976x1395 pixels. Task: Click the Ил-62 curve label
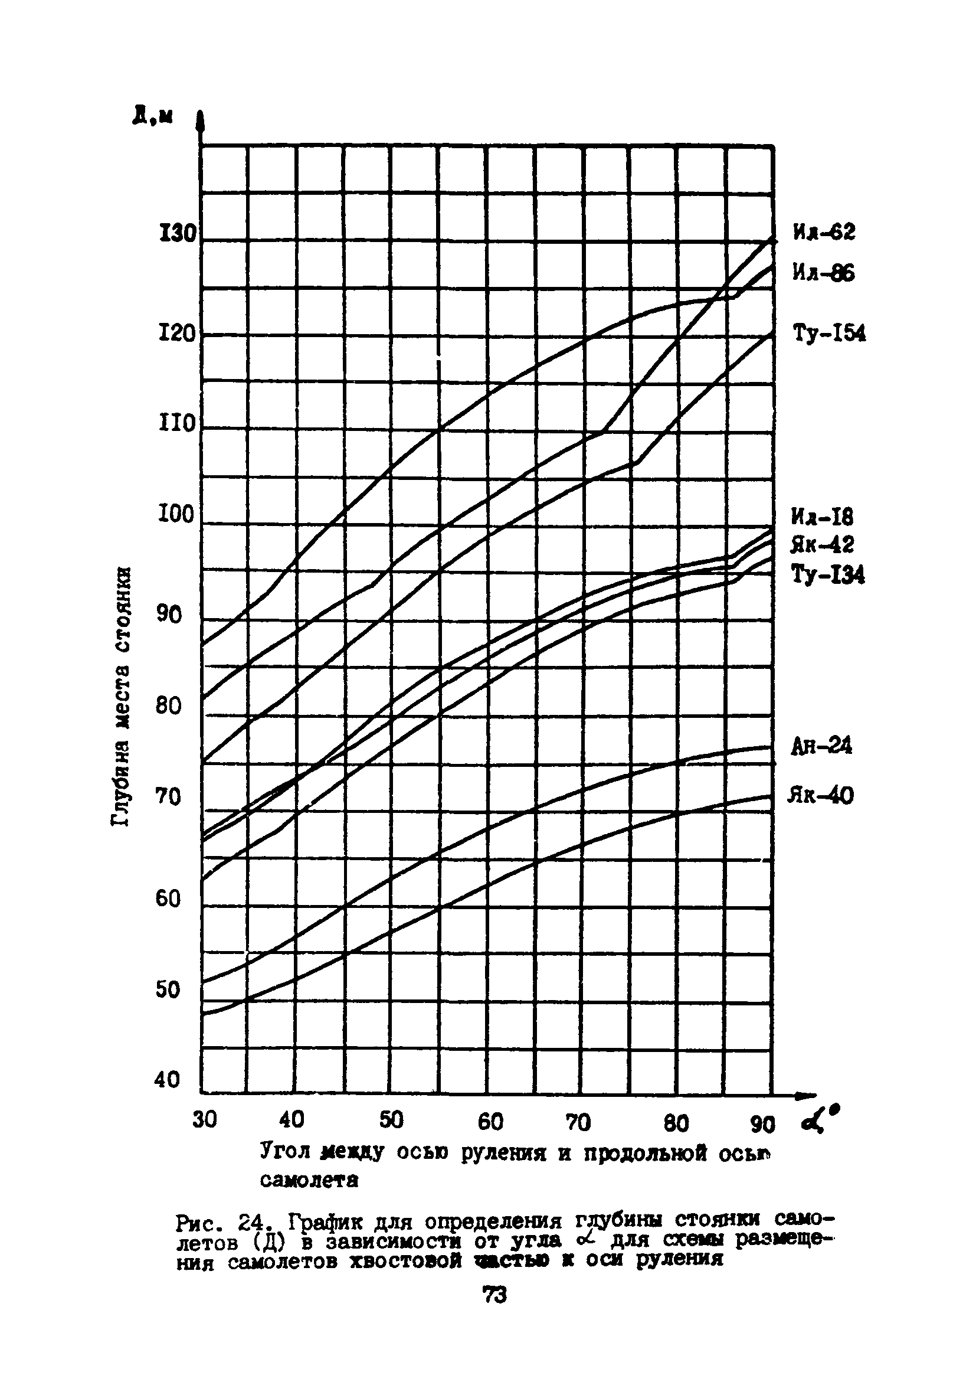click(824, 231)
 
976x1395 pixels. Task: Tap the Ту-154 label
click(829, 334)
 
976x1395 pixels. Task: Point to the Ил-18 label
click(823, 517)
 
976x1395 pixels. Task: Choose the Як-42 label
click(823, 544)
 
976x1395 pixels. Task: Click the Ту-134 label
click(828, 574)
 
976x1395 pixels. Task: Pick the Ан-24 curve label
click(821, 746)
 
